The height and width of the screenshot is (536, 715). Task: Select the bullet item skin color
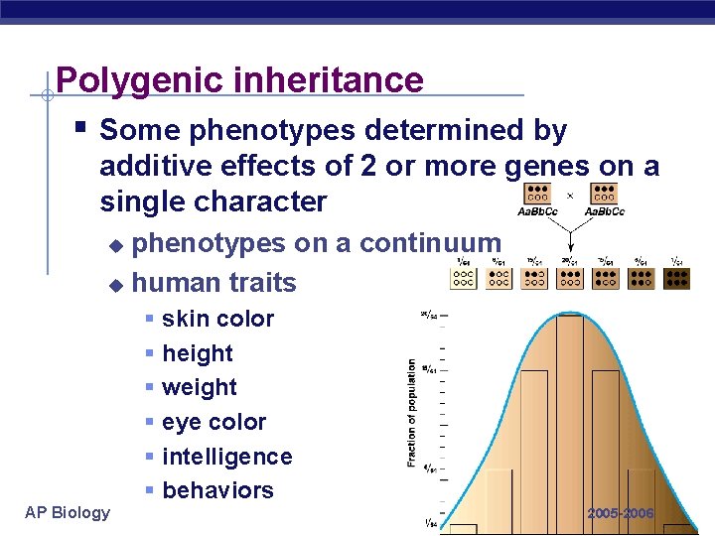217,319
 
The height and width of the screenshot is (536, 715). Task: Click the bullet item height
197,353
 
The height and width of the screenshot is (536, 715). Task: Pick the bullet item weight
199,387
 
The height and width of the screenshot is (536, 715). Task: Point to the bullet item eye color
214,422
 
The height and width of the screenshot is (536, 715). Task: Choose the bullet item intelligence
226,457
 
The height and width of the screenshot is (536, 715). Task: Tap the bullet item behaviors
217,490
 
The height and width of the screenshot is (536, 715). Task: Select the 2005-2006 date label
621,513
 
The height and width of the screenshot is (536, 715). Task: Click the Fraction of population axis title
411,413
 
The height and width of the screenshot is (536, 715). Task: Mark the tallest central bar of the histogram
570,417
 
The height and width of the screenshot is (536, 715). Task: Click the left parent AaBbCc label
537,211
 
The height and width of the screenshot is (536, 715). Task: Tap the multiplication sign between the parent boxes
570,196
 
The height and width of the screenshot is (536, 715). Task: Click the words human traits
214,283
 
